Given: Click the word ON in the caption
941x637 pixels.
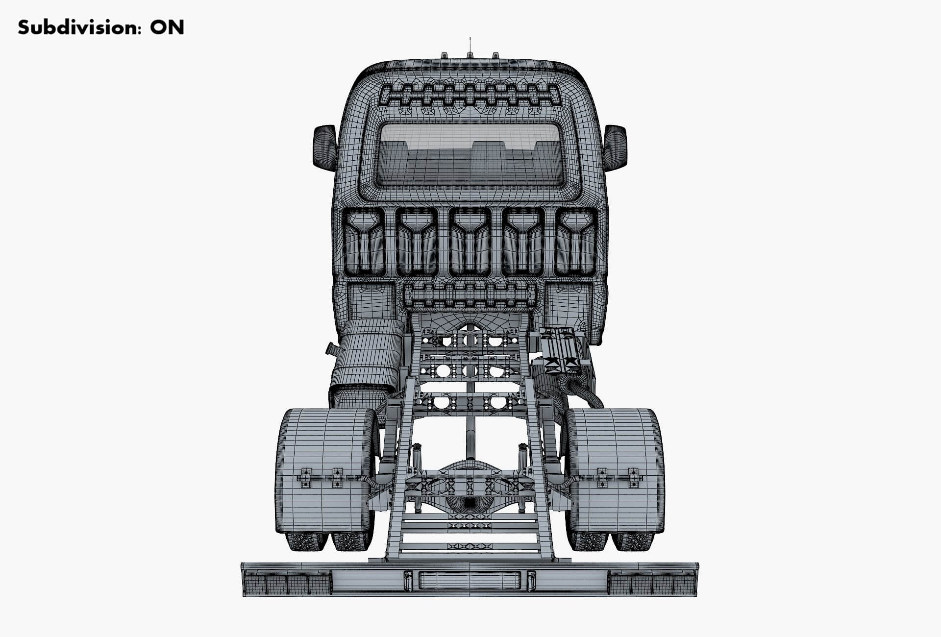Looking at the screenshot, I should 167,27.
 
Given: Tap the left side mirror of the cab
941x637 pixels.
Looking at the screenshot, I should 324,147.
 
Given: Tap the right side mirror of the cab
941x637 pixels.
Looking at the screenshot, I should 615,147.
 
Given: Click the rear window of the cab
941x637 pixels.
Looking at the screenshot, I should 470,154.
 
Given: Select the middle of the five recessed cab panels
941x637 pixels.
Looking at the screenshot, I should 470,242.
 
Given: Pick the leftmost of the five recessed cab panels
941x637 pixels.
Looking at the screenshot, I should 363,242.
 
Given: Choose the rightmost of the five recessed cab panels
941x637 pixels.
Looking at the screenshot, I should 576,242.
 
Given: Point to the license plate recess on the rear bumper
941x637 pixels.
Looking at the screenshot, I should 470,580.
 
